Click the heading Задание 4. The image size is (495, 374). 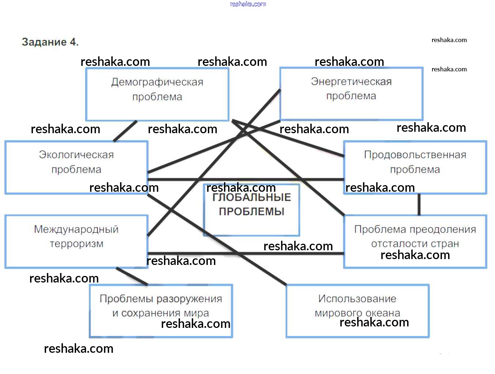50,42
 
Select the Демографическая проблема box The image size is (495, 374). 157,94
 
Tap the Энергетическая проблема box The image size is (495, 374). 351,93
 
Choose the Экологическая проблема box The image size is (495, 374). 76,167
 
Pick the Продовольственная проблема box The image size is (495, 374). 415,167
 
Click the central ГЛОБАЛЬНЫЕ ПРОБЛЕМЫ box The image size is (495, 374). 251,210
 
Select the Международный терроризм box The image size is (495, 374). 76,241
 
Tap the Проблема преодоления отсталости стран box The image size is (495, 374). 415,241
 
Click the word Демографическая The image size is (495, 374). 157,82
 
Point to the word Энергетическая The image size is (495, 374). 351,81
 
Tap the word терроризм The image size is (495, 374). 76,244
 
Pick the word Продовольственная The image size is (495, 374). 415,155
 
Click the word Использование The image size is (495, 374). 357,299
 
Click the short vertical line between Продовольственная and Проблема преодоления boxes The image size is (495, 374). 419,204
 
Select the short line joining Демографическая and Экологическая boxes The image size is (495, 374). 125,131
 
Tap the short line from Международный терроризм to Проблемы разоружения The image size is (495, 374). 132,276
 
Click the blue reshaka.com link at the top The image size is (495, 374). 248,4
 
